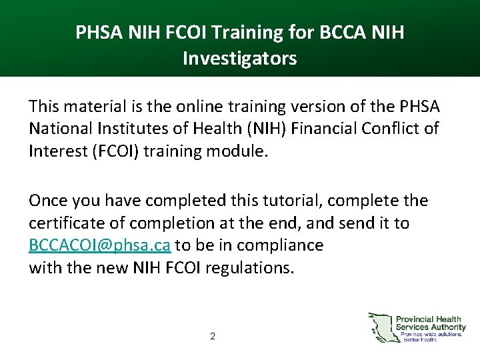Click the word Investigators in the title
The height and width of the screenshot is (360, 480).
click(x=239, y=59)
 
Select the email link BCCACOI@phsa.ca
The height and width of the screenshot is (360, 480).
click(x=100, y=245)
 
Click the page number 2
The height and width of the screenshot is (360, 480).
click(x=212, y=337)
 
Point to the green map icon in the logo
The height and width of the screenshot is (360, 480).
click(x=381, y=327)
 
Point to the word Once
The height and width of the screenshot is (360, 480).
click(x=48, y=201)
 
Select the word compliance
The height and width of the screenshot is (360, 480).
click(x=283, y=245)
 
